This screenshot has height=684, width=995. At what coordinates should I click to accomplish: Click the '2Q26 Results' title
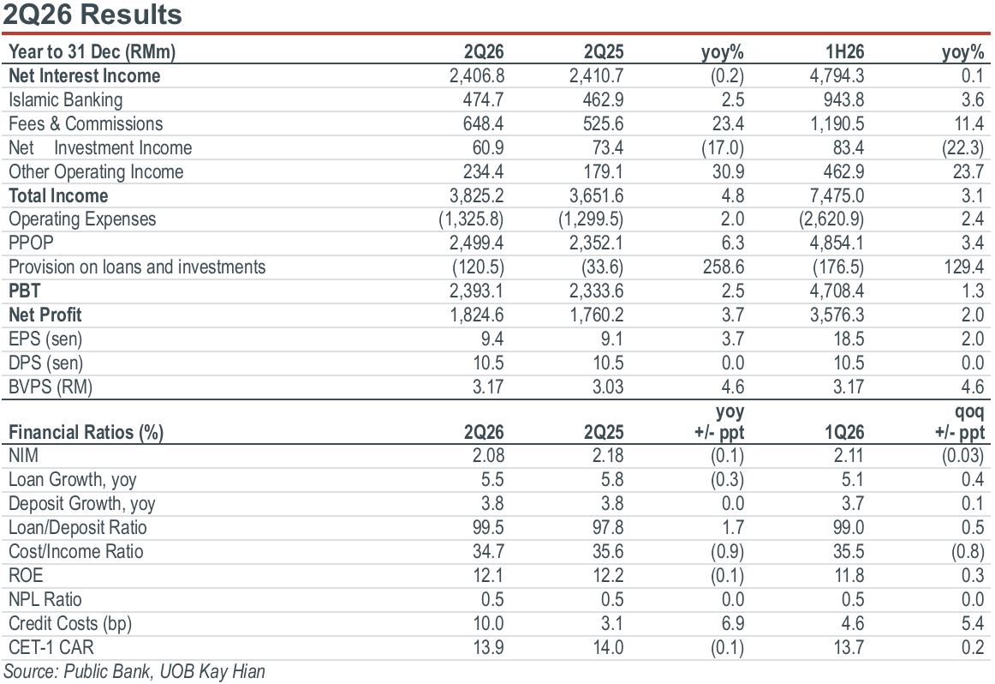tap(92, 14)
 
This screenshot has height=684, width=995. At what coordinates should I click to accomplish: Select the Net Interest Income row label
tap(85, 76)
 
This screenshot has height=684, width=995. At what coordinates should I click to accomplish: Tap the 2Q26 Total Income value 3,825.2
tap(477, 195)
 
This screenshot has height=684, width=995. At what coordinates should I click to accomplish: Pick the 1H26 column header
tap(844, 52)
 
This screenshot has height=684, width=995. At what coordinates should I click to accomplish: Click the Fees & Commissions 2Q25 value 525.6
tap(604, 123)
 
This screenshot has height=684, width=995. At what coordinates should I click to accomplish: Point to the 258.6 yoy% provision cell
tap(724, 267)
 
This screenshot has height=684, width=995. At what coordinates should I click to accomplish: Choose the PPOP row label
tap(31, 243)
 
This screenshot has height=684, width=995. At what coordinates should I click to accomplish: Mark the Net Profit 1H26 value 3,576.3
tap(837, 315)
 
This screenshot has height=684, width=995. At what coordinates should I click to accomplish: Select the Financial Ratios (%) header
tap(86, 433)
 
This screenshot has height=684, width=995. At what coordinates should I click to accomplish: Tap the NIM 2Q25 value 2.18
tap(608, 456)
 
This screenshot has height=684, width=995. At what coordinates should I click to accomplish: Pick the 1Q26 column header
tap(844, 433)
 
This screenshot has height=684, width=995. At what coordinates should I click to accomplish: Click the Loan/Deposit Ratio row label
tap(77, 528)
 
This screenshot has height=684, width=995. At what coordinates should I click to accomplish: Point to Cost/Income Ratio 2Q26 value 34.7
tap(488, 552)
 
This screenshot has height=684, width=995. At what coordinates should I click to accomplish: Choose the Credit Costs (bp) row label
tap(70, 624)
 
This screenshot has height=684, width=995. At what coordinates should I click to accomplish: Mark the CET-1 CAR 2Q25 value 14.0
tap(608, 648)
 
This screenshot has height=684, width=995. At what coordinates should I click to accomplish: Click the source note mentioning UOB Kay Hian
tap(134, 672)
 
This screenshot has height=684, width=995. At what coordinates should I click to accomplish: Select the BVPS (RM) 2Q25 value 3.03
tap(608, 387)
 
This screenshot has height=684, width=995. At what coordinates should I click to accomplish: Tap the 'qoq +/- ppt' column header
tap(959, 422)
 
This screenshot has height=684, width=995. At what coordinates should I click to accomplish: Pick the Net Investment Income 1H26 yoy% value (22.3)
tap(962, 148)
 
